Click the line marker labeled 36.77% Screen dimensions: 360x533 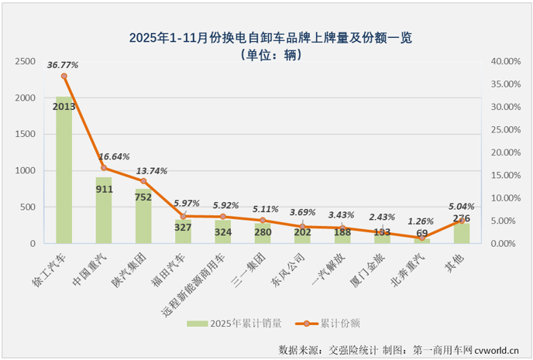[x=64, y=76]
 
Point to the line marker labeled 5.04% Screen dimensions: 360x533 [x=461, y=221]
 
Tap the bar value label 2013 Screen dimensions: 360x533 [x=64, y=107]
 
